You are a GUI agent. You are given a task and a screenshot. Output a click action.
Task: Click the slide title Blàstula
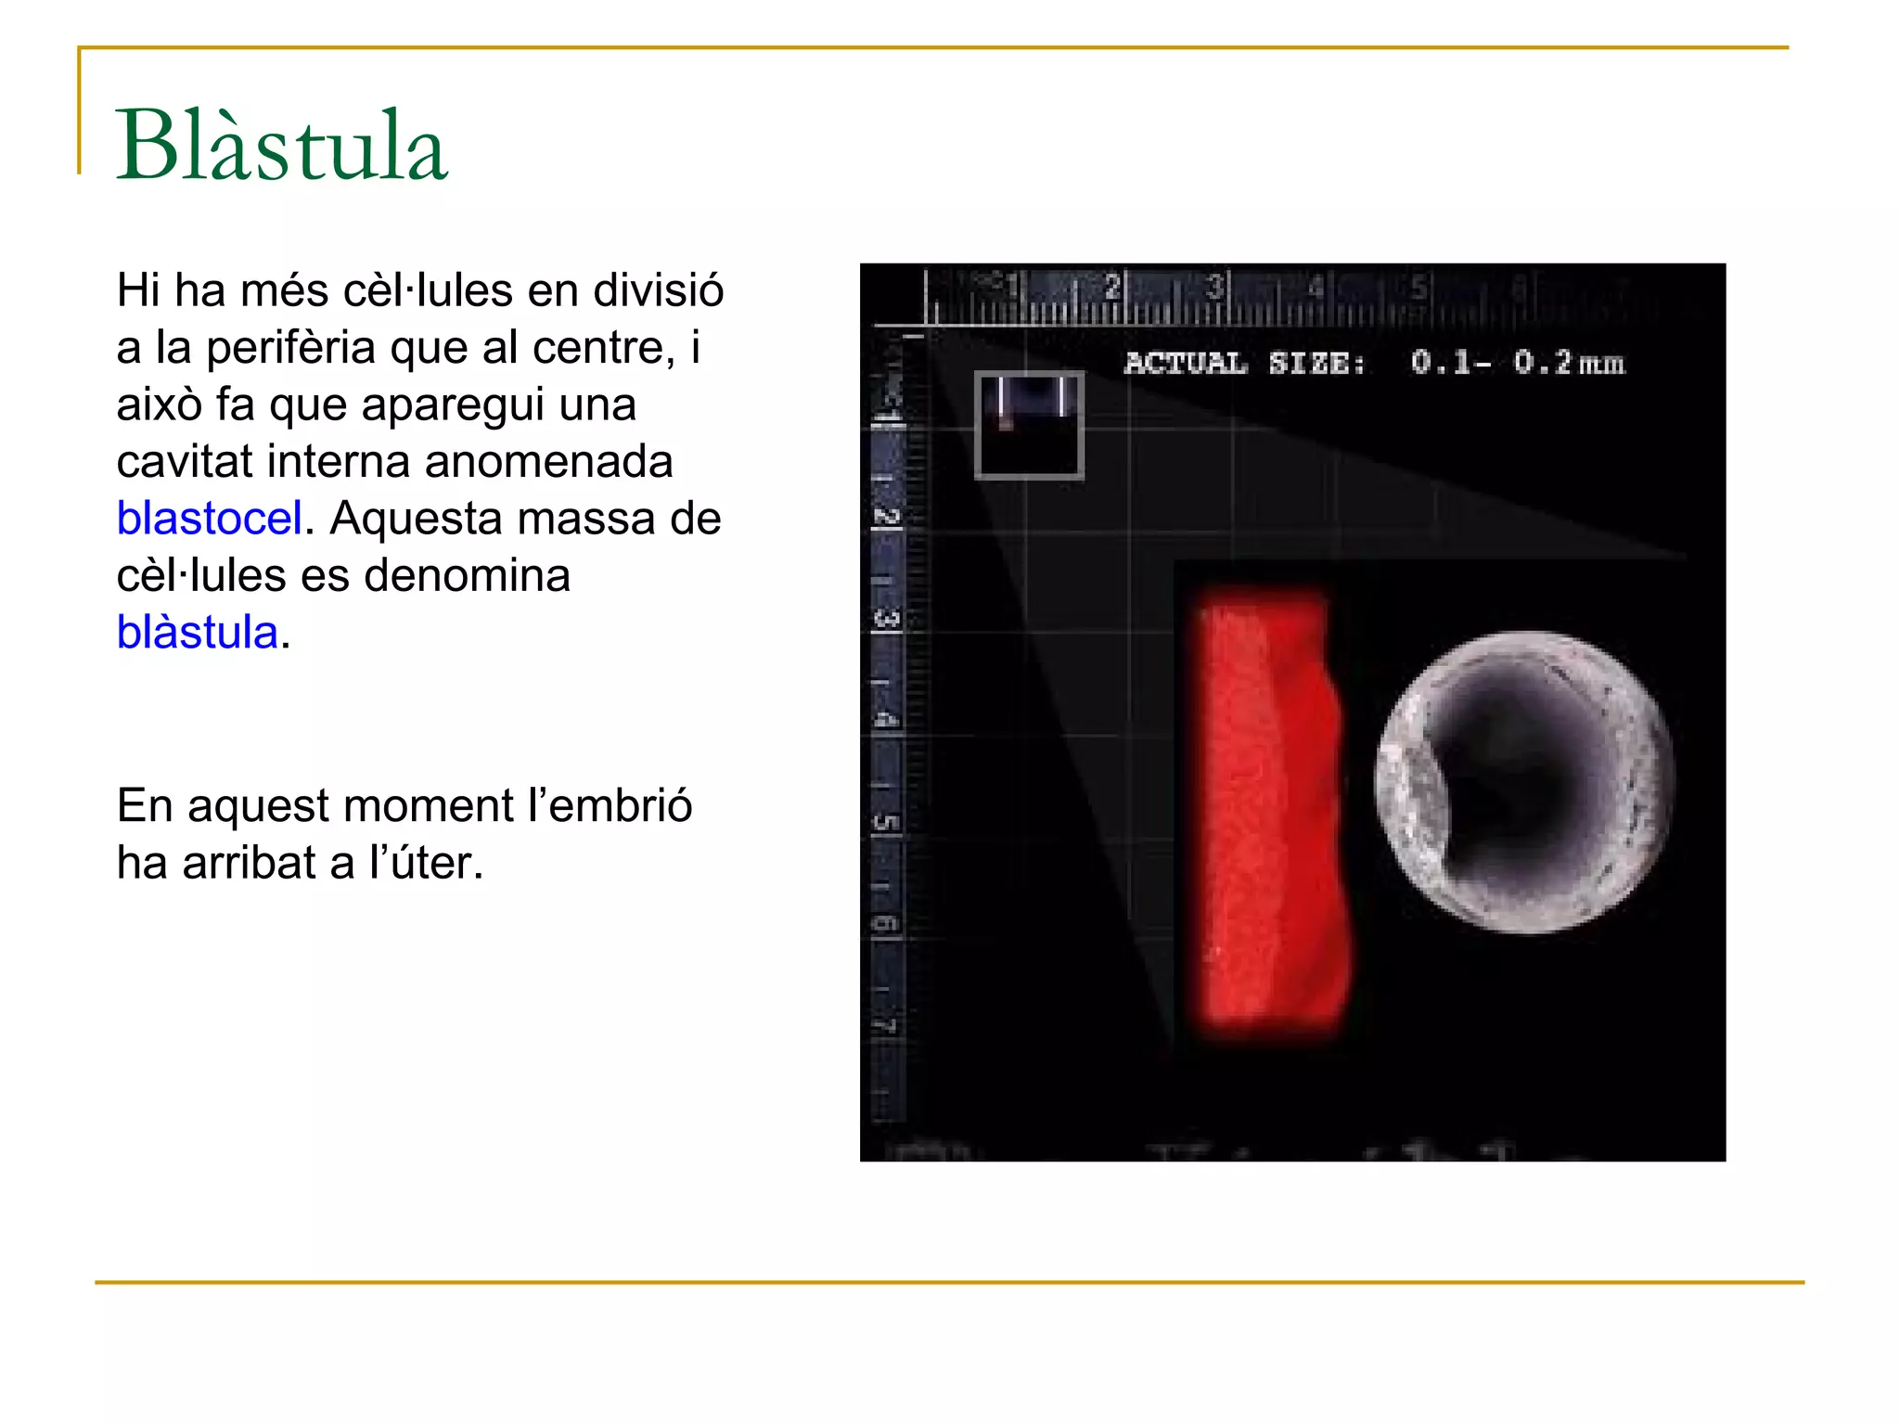coord(281,147)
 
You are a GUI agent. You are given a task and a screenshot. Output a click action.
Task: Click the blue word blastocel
coord(210,519)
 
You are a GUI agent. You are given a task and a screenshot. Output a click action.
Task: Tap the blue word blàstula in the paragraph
coord(198,633)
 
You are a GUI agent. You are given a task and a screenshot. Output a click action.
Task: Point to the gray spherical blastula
coord(1523,781)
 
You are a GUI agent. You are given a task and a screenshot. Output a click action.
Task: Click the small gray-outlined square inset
coord(1029,426)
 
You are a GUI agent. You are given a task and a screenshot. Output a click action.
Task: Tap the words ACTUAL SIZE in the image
coord(1244,364)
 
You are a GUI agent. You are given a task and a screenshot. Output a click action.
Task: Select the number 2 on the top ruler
coord(1112,287)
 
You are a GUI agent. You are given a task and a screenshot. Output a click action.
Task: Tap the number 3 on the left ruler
coord(887,618)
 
